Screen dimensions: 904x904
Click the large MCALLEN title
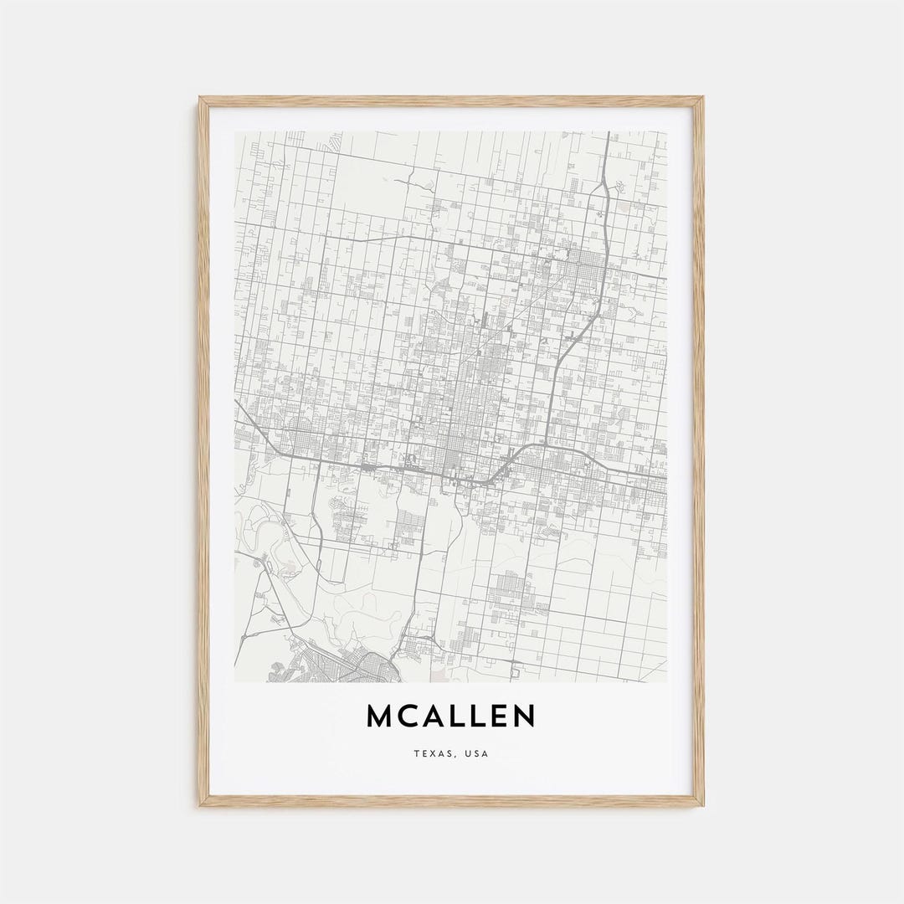coord(450,716)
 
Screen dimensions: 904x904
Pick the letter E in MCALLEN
coord(499,716)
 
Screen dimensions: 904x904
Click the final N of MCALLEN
coord(524,716)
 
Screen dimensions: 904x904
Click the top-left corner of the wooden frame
coord(201,99)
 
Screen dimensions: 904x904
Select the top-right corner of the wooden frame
coord(701,99)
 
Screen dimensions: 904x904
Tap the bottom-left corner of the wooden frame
coord(201,804)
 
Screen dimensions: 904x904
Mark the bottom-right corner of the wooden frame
coord(701,804)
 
